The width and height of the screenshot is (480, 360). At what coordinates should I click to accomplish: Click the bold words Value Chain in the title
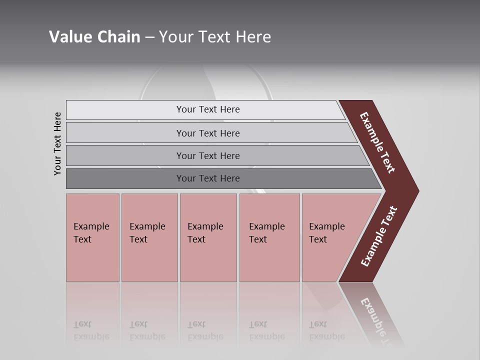pos(94,37)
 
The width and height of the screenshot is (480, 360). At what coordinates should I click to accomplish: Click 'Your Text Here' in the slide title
pos(215,37)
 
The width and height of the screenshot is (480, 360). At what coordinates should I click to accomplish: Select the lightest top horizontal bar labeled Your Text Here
pos(208,109)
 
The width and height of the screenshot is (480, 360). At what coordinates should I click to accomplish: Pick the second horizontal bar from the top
pos(208,133)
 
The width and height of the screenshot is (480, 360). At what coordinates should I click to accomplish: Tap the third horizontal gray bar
pos(208,155)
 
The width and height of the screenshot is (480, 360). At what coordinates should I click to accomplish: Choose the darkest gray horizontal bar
pos(208,178)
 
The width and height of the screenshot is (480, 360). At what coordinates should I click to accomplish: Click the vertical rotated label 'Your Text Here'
pos(57,143)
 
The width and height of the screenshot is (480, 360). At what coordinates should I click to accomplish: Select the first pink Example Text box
pos(92,233)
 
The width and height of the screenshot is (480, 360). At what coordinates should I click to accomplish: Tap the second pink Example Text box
pos(148,233)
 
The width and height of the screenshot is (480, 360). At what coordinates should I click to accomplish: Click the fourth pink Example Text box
pos(268,233)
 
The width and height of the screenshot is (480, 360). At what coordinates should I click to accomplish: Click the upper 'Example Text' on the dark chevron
pos(377,143)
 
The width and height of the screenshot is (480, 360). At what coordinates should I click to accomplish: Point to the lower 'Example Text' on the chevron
pos(378,236)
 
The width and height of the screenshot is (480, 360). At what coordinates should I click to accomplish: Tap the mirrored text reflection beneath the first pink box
pos(91,330)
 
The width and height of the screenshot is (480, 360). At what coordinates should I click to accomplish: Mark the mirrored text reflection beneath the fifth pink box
pos(326,330)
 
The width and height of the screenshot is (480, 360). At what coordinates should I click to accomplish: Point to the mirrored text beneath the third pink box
pos(205,330)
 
